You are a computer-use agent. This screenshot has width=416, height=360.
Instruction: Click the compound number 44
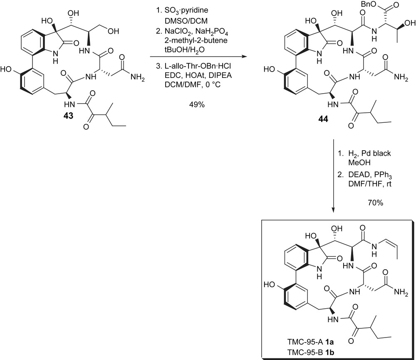coord(323,119)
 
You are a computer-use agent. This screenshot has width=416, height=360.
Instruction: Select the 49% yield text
coord(196,105)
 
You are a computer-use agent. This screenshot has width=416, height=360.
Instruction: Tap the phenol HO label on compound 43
coord(7,69)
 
